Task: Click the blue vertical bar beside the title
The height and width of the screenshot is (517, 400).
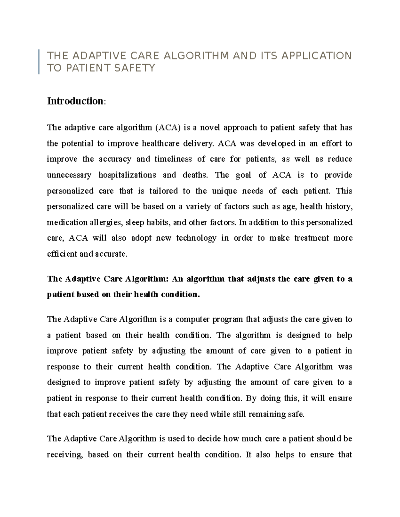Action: point(39,62)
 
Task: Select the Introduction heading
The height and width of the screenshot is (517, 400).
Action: point(75,101)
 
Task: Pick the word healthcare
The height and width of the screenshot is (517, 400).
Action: point(161,143)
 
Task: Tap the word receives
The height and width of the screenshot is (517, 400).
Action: point(124,414)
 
